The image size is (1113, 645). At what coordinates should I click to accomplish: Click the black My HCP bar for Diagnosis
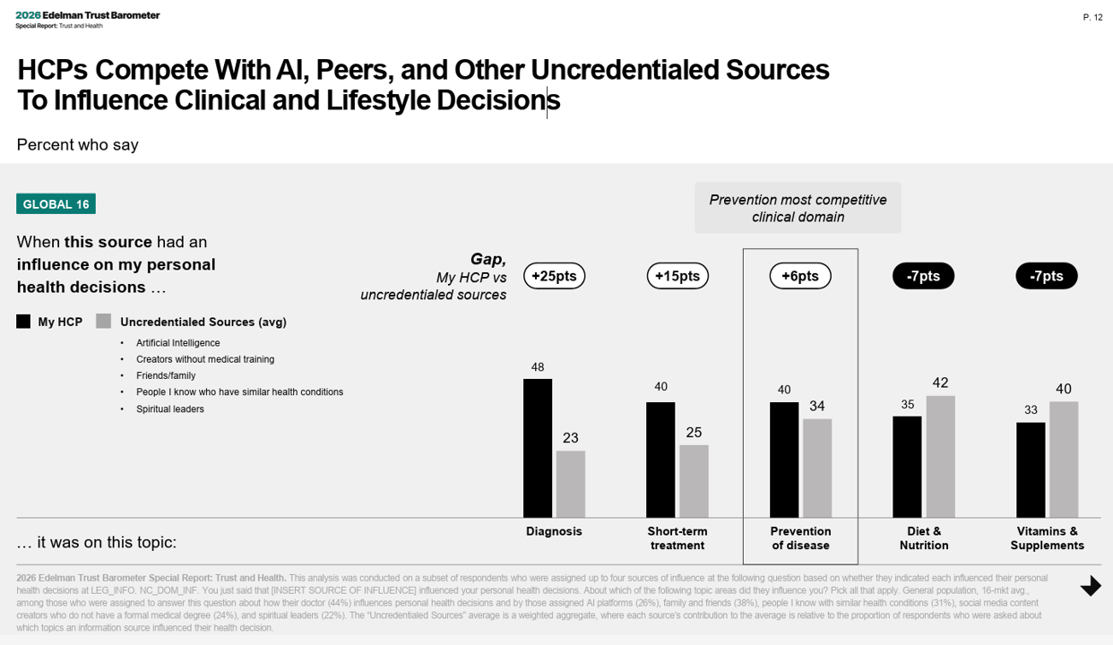point(538,448)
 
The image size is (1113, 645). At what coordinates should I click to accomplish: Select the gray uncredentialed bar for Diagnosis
point(571,484)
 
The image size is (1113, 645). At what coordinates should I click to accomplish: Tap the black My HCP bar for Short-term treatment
point(660,460)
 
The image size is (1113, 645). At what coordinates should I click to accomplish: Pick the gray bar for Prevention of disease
point(817,468)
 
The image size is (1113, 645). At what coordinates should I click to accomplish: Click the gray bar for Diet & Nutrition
point(940,456)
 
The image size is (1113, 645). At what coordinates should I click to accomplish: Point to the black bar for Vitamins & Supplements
point(1031,469)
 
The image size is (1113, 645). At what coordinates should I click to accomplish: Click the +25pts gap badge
point(554,276)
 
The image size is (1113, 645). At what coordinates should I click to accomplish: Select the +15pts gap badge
point(677,276)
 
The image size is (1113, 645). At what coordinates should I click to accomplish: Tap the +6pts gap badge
point(800,276)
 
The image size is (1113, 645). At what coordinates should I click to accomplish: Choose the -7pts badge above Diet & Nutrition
point(923,276)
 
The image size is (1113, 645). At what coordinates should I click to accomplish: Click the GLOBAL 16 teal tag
point(56,204)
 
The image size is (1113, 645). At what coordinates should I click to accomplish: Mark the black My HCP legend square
point(23,322)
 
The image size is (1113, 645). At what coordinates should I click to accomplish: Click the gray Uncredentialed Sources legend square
point(104,322)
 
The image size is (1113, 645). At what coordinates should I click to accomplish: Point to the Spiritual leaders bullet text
point(170,409)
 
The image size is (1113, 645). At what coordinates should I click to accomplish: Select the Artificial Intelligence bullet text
point(177,343)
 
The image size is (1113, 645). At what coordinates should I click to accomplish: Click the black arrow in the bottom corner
point(1091,586)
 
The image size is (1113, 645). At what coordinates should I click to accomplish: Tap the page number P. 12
point(1092,17)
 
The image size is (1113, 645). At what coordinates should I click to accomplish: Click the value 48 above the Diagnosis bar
point(538,367)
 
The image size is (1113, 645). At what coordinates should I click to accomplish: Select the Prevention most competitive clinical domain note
point(798,208)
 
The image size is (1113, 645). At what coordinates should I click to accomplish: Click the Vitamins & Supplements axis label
point(1047,538)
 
